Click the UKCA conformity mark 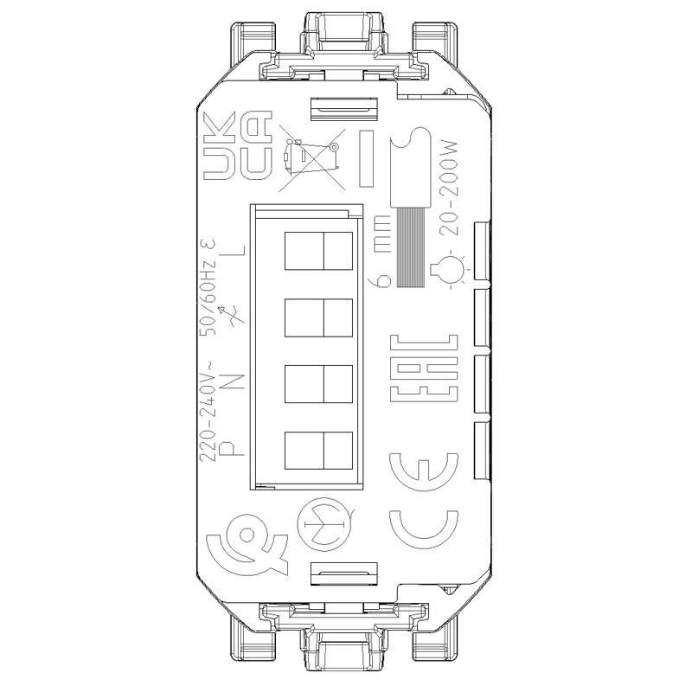[x=236, y=148]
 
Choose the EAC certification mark [x=422, y=368]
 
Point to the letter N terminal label [x=236, y=380]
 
